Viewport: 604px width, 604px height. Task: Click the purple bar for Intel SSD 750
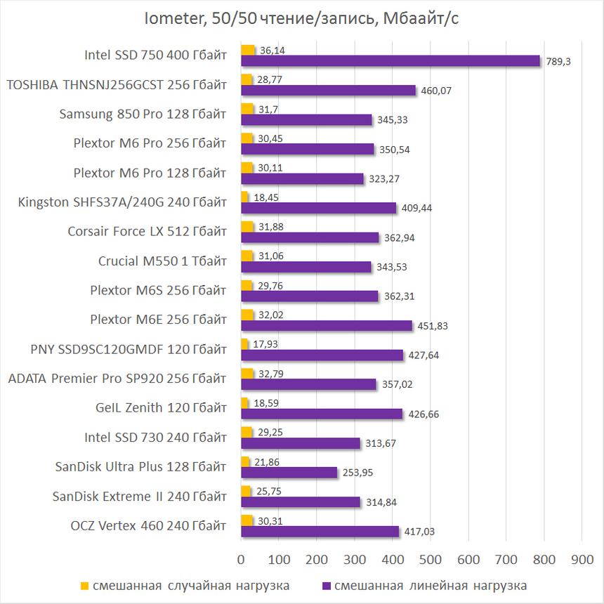tap(390, 61)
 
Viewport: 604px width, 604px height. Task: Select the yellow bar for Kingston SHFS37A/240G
tap(244, 197)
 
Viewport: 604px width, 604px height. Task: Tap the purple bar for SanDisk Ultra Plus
tap(289, 473)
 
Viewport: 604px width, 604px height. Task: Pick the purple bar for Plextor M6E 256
tap(327, 325)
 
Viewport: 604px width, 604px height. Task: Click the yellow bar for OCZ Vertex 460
tap(247, 520)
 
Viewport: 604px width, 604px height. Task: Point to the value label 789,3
tap(558, 62)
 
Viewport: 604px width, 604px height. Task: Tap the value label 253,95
tap(357, 473)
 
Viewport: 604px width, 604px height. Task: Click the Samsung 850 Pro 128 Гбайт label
tap(144, 114)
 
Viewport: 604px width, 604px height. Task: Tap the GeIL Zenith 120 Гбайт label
tap(161, 408)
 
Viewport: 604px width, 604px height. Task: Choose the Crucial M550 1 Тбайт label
tap(162, 261)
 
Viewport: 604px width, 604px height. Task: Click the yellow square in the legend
tap(85, 585)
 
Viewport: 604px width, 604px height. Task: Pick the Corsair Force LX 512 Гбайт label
tap(147, 232)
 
